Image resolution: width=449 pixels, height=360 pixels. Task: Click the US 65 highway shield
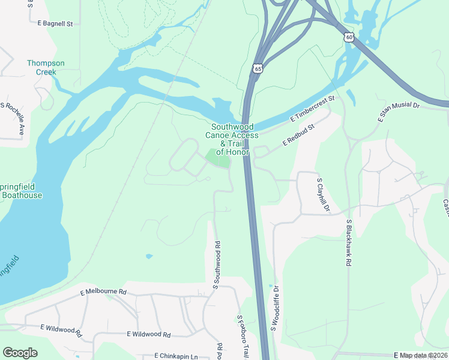point(258,68)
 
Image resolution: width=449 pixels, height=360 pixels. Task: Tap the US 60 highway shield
point(349,37)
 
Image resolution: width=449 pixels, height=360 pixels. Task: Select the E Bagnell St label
point(55,24)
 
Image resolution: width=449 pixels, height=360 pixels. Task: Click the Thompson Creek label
point(46,67)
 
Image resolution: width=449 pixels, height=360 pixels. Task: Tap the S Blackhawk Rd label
point(349,242)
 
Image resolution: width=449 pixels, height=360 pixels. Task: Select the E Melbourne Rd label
point(104,292)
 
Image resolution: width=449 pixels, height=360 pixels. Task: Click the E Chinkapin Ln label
point(176,356)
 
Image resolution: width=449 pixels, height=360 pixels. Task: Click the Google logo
point(20,352)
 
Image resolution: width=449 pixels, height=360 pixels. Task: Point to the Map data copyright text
point(423,356)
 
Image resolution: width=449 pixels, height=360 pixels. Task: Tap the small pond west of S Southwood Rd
point(148,256)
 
